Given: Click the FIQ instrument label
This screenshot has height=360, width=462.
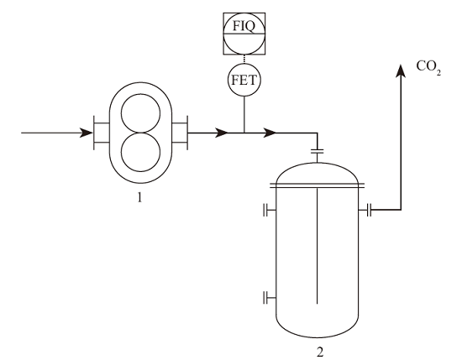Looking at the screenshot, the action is pyautogui.click(x=244, y=26).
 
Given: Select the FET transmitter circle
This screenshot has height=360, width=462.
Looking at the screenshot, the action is pyautogui.click(x=244, y=80).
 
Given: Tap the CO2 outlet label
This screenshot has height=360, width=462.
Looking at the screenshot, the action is pyautogui.click(x=428, y=67).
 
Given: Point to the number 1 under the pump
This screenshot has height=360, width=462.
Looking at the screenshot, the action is pyautogui.click(x=139, y=197).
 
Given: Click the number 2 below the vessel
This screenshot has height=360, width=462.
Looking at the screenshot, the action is pyautogui.click(x=320, y=352).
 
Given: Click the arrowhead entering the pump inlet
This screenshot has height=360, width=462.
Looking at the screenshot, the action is pyautogui.click(x=87, y=133).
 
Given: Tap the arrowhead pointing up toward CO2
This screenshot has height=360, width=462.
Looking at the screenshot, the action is pyautogui.click(x=401, y=71).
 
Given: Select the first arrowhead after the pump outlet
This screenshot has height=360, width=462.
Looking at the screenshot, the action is pyautogui.click(x=222, y=133).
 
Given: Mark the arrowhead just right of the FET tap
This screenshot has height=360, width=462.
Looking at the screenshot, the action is pyautogui.click(x=270, y=133).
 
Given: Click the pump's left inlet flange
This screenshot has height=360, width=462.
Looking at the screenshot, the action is pyautogui.click(x=102, y=133).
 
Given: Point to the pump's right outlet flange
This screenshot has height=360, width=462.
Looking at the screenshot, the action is pyautogui.click(x=180, y=133).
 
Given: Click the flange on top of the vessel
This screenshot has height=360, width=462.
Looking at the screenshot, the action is pyautogui.click(x=318, y=152).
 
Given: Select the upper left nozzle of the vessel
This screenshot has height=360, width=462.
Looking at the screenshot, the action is pyautogui.click(x=270, y=210).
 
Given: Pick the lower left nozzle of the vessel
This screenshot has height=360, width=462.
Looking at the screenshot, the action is pyautogui.click(x=270, y=297).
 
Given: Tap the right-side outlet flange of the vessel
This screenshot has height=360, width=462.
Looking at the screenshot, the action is pyautogui.click(x=365, y=210).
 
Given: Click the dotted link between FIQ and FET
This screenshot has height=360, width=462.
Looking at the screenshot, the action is pyautogui.click(x=244, y=59).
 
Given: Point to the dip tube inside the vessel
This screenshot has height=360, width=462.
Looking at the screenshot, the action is pyautogui.click(x=317, y=246).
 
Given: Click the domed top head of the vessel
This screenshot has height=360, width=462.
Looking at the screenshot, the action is pyautogui.click(x=317, y=163).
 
